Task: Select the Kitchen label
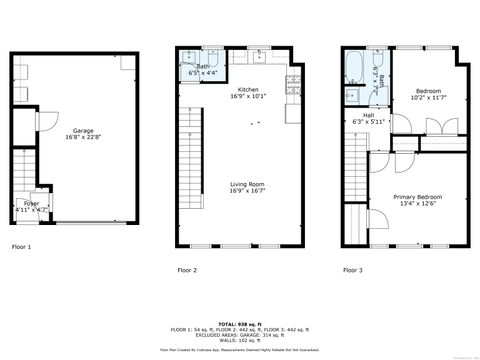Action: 248,90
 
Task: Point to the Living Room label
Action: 248,184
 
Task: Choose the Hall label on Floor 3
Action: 369,115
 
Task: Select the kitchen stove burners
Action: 293,86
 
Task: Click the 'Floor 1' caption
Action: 21,246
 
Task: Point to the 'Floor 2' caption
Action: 187,270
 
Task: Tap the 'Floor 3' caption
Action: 352,270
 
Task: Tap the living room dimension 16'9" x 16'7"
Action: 248,192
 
